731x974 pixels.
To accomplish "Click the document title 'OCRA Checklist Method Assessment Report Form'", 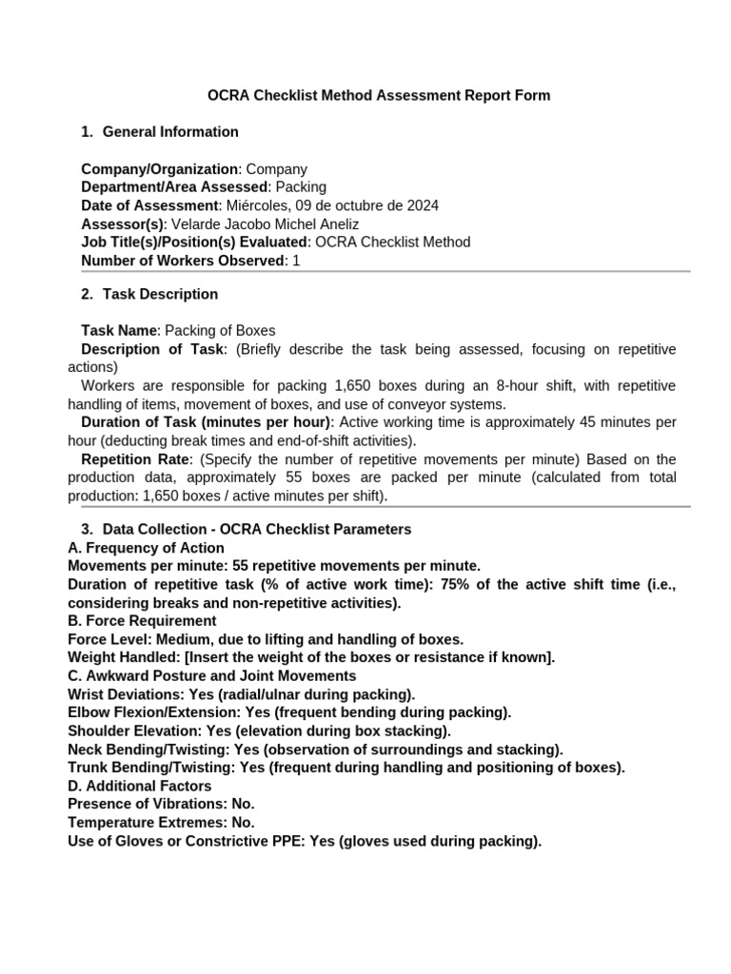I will [x=379, y=95].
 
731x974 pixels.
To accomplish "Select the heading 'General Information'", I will [x=170, y=131].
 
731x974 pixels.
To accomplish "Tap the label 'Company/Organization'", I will [x=159, y=169].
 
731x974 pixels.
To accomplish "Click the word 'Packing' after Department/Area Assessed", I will [x=301, y=187].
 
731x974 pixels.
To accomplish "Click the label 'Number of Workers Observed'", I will [x=183, y=260].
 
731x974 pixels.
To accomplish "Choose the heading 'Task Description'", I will [x=160, y=294].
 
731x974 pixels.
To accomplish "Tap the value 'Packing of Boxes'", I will [x=220, y=331].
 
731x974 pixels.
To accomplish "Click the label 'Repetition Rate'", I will [x=138, y=459].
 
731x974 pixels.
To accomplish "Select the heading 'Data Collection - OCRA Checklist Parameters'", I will [x=256, y=529].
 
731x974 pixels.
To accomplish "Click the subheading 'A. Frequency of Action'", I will [x=147, y=548].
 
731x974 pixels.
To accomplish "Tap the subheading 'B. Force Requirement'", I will [x=143, y=620].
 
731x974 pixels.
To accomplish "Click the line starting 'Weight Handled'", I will [x=311, y=657].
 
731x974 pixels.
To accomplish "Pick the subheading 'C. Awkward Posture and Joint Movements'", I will [x=212, y=675].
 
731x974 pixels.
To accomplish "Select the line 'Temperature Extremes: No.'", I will [x=161, y=822].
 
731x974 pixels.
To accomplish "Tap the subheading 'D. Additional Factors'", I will [x=140, y=786].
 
